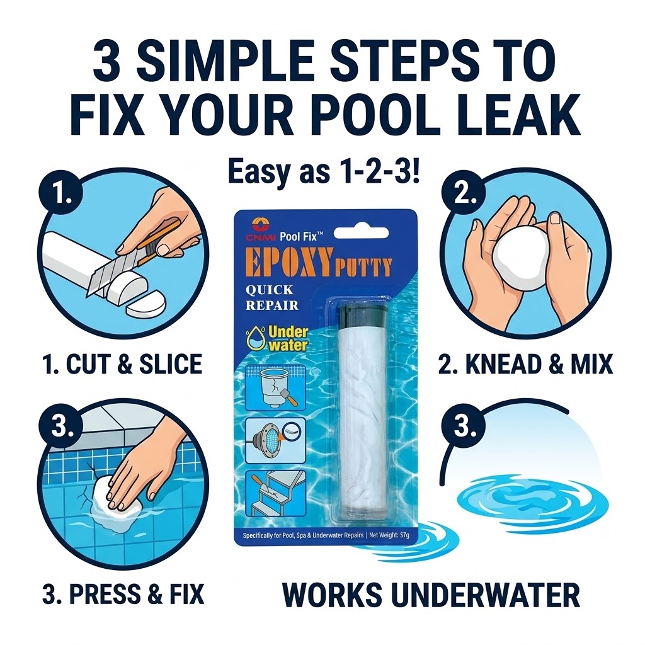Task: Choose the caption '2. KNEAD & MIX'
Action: pos(525,364)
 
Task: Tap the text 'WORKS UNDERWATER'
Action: pos(430,595)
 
